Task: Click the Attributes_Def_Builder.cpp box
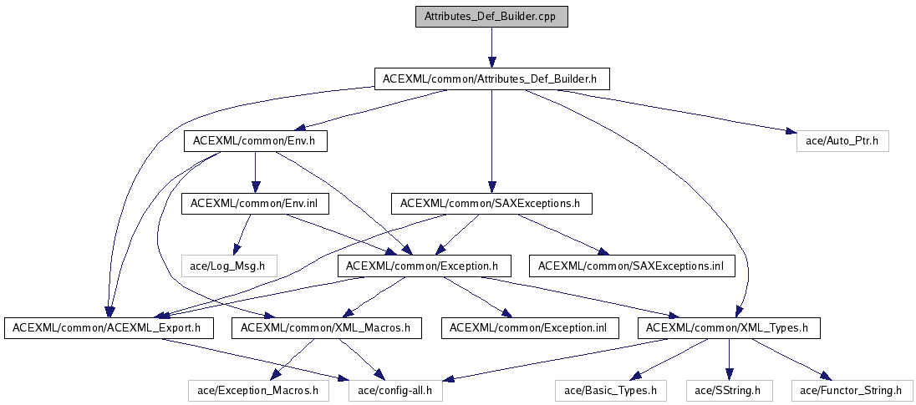coord(491,17)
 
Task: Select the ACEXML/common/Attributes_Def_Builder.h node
coord(491,79)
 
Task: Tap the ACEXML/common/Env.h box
coord(254,141)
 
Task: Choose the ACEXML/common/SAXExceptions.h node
coord(491,203)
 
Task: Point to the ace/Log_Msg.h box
coord(228,266)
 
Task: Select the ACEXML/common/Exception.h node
coord(421,266)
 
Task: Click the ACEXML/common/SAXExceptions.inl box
coord(631,266)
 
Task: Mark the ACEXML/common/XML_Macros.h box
coord(326,328)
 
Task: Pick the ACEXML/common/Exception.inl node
coord(527,328)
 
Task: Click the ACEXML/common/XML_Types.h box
coord(728,328)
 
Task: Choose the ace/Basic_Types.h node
coord(611,390)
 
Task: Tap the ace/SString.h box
coord(730,390)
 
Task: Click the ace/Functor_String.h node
coord(851,390)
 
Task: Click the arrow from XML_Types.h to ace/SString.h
coord(729,359)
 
